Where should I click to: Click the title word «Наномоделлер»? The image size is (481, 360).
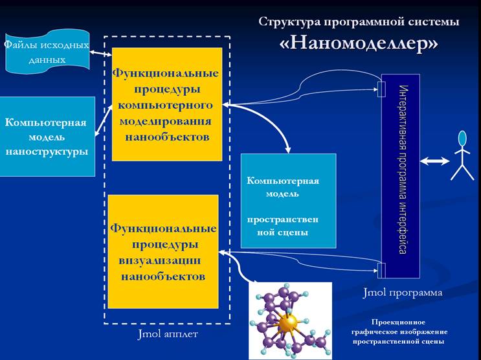click(359, 43)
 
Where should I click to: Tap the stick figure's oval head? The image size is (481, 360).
click(462, 139)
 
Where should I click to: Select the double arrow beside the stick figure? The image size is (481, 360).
click(434, 161)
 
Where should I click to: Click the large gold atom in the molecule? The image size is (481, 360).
click(288, 322)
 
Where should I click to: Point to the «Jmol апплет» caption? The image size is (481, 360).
click(168, 334)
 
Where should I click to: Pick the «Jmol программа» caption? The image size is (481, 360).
click(403, 293)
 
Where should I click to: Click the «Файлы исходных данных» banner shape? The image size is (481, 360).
click(47, 52)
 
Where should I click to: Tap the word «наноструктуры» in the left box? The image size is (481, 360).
click(47, 152)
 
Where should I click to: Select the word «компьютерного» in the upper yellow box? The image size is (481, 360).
click(165, 106)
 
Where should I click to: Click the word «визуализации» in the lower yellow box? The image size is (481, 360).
click(160, 261)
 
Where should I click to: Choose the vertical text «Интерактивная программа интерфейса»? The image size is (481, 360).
click(403, 170)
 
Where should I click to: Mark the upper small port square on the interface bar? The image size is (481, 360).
click(381, 89)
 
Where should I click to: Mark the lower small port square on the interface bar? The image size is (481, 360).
click(381, 271)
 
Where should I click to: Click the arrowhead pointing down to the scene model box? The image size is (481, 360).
click(287, 150)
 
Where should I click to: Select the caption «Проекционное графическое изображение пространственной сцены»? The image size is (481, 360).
click(399, 332)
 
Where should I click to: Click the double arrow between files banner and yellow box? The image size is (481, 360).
click(100, 53)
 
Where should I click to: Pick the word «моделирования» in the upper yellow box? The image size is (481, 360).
click(165, 122)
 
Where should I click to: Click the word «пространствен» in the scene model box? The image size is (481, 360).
click(283, 219)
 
